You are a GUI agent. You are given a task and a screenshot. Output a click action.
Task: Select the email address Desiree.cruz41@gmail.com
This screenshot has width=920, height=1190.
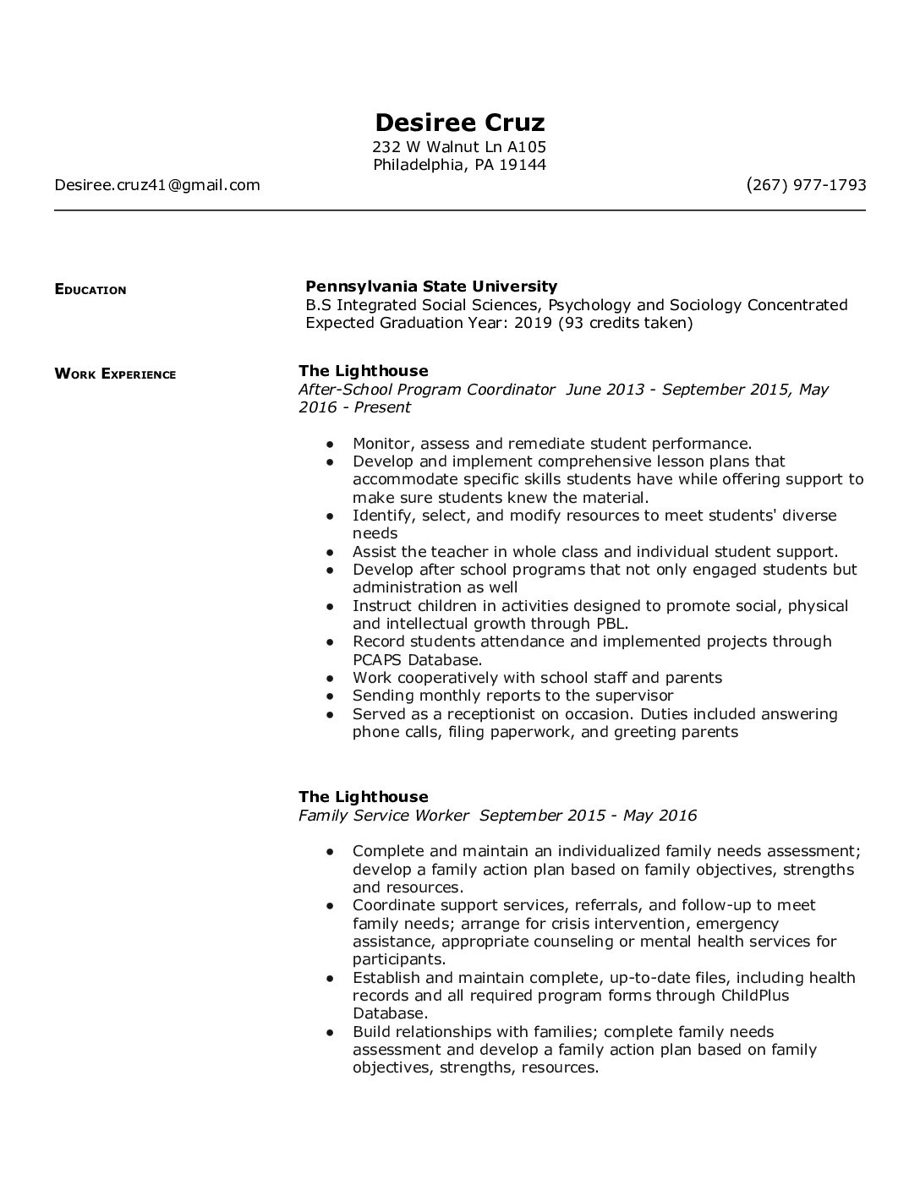tap(157, 185)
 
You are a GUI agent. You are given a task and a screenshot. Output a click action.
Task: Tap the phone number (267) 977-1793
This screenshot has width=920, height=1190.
tap(806, 185)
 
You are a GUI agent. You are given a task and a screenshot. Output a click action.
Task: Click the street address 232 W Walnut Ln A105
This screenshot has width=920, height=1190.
tap(460, 147)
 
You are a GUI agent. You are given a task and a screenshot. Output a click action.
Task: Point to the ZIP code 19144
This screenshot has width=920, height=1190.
tap(523, 165)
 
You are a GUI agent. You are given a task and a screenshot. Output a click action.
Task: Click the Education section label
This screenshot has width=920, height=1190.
tap(90, 290)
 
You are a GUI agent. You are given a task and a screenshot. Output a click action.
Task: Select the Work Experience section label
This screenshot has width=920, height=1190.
tap(115, 374)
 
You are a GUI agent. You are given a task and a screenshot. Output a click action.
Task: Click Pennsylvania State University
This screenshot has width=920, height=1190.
tap(431, 287)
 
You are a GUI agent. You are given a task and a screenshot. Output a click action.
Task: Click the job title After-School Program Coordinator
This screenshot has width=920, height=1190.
tap(427, 390)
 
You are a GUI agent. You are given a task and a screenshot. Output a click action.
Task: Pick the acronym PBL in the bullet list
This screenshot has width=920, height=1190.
tap(610, 624)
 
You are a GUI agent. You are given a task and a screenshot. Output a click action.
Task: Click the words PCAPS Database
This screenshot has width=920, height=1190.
tap(417, 660)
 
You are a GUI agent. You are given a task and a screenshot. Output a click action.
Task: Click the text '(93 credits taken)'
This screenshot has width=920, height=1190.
tap(626, 323)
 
